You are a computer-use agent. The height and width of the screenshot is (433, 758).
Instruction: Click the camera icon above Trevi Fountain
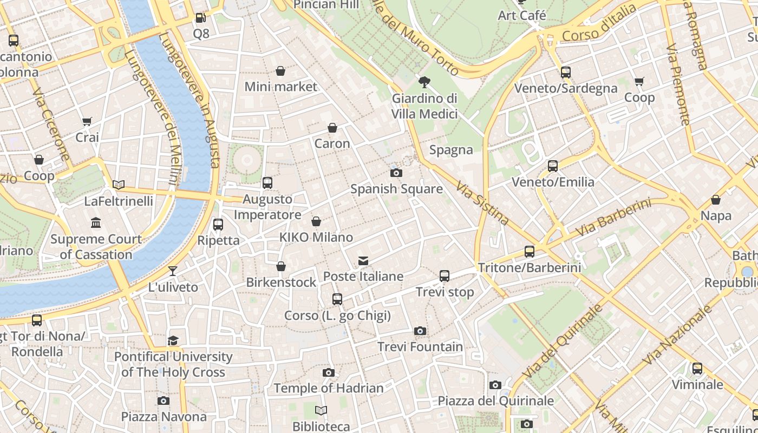[x=420, y=331]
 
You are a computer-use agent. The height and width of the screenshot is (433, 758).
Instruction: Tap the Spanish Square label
[x=396, y=189]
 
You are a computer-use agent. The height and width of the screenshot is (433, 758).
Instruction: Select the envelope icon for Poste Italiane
[x=363, y=261]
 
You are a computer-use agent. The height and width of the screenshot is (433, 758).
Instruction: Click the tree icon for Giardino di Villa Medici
[x=424, y=82]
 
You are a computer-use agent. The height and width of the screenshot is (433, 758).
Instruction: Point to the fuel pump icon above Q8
[x=200, y=18]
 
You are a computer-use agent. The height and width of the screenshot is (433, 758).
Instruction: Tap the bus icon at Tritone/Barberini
[x=529, y=252]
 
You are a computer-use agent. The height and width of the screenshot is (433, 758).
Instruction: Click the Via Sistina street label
[x=482, y=203]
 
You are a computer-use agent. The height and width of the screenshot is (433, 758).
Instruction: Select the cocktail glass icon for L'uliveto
[x=173, y=271]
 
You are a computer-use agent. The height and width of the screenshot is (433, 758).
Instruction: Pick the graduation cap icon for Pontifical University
[x=173, y=340]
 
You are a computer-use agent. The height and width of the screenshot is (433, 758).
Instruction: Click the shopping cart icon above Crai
[x=87, y=121]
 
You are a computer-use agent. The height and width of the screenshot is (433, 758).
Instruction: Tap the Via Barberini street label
[x=613, y=218]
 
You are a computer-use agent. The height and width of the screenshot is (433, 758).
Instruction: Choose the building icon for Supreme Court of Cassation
[x=96, y=222]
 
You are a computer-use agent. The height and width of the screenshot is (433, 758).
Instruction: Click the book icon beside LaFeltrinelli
[x=119, y=185]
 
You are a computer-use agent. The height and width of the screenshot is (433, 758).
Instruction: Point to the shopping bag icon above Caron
[x=332, y=128]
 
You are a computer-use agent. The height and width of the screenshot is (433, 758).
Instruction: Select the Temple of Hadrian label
[x=329, y=388]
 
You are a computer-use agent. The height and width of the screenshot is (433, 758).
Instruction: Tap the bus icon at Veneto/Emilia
[x=553, y=166]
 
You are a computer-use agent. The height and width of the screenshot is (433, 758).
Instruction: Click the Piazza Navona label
[x=164, y=417]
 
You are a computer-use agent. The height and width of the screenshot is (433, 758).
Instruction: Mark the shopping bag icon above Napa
[x=716, y=200]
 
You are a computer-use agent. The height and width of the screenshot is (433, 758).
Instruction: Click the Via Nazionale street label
[x=677, y=335]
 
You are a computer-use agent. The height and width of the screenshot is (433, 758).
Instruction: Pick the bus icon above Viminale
[x=697, y=369]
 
